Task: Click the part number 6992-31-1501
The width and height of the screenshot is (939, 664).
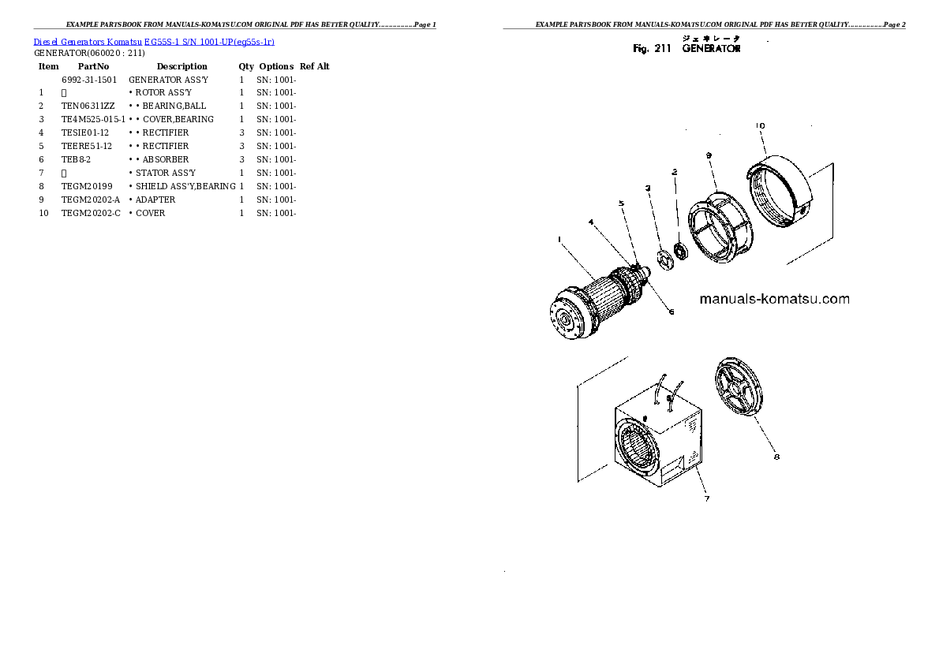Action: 89,80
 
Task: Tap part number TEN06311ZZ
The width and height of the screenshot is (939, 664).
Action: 88,106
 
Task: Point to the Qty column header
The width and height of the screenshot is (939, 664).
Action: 246,66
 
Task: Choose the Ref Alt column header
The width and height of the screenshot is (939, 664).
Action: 315,66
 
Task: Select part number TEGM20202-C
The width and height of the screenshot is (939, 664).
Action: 92,213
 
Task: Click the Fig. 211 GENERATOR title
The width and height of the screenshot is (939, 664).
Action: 687,49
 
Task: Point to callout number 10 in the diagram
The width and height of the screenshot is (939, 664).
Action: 760,126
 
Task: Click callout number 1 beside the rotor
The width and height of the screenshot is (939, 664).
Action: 559,239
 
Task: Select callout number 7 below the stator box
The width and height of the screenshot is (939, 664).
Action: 707,498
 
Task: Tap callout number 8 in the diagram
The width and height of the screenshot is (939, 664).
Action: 776,455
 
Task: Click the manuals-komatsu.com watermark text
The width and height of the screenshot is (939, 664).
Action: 774,299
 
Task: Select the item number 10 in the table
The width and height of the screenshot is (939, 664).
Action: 44,213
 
